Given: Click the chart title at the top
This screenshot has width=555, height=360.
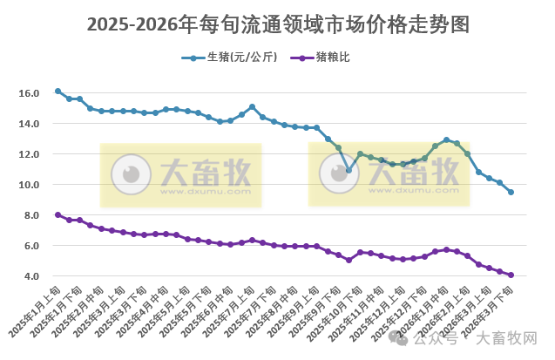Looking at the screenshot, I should click(x=277, y=24).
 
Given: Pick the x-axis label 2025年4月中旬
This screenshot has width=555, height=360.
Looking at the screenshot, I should click(x=152, y=310).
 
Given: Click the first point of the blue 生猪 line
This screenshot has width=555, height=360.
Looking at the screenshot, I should click(x=58, y=91).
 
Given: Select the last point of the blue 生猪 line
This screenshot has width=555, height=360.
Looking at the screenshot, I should click(x=511, y=192).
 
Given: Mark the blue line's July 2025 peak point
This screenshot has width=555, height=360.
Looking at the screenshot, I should click(x=252, y=107).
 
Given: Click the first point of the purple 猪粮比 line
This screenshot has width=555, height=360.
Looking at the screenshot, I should click(x=58, y=214).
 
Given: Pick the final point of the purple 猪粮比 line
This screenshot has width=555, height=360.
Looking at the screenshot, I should click(x=511, y=275).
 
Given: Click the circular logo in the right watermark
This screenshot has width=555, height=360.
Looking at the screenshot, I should click(x=337, y=173).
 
